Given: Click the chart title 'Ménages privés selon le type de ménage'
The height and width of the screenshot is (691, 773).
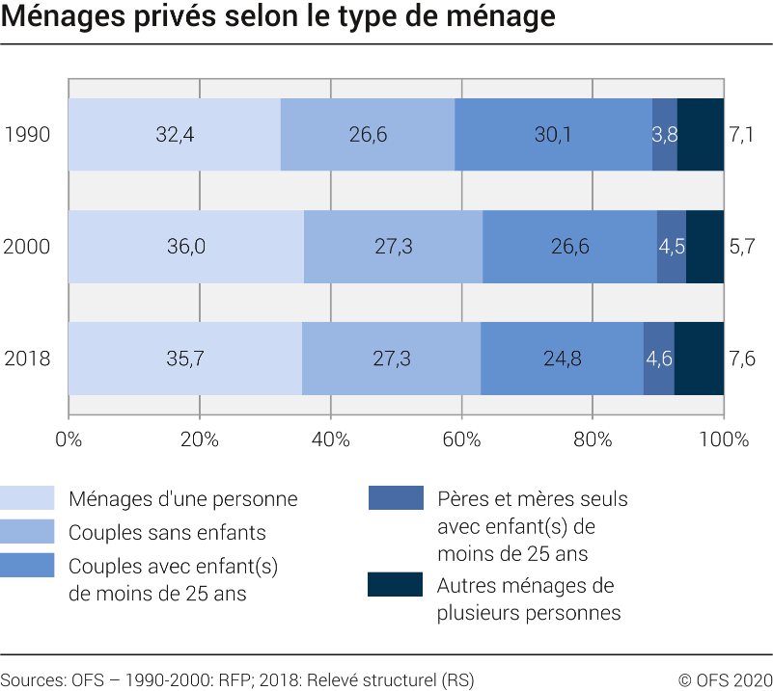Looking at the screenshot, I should (x=279, y=17).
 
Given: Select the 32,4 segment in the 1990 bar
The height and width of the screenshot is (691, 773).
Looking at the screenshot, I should (x=175, y=134).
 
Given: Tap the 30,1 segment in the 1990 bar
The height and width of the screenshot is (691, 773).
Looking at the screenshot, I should (x=553, y=134).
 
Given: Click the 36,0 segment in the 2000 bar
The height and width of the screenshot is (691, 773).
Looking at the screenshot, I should (x=186, y=247).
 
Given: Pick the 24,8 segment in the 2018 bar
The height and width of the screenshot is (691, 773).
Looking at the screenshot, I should (x=562, y=359).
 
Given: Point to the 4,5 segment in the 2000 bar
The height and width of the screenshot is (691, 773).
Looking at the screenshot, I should (x=672, y=247).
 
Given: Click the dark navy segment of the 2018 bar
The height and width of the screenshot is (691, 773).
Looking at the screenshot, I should (x=699, y=359).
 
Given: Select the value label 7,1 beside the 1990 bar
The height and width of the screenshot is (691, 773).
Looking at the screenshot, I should (x=741, y=134).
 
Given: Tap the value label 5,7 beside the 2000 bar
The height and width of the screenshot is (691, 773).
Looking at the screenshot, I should (x=741, y=247).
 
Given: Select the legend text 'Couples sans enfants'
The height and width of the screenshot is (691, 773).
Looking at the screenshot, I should (x=167, y=532).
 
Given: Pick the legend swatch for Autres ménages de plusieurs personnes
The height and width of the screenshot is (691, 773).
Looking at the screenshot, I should (x=395, y=585).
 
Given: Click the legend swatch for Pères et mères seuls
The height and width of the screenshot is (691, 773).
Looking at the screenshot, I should (x=395, y=498).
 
